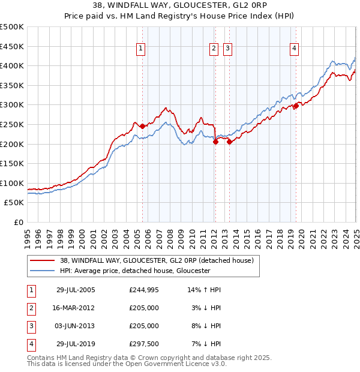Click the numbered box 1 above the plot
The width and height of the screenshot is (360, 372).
pos(140,49)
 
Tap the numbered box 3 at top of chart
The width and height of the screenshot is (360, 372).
pos(228,49)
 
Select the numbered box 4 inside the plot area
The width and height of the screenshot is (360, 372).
pos(295,49)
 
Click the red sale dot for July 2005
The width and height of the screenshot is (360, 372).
pos(142,126)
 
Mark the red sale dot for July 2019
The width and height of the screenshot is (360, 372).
pos(296,106)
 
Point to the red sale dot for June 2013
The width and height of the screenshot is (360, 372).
pos(229,142)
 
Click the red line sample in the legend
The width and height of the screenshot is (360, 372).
pos(42,260)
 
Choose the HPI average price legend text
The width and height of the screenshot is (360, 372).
pos(134,271)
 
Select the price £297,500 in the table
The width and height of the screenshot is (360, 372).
pos(144,344)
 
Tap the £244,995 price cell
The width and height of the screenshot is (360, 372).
pos(144,290)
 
